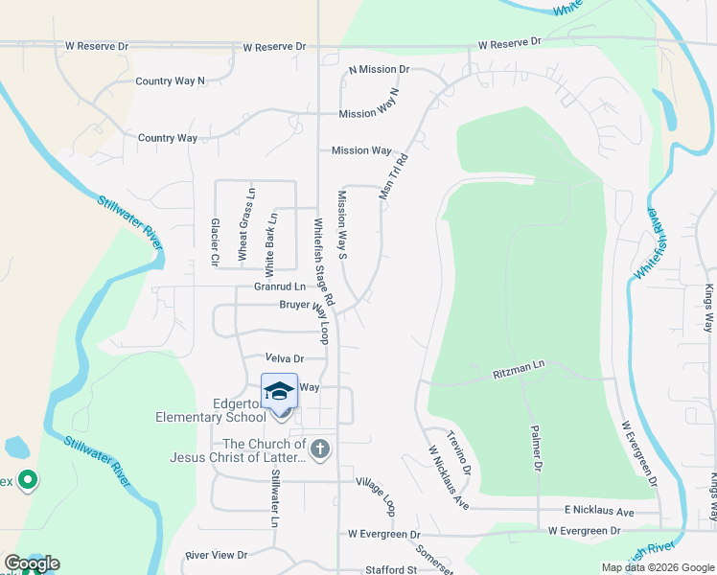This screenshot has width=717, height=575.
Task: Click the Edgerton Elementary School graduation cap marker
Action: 280,391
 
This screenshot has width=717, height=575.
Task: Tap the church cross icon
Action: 320,448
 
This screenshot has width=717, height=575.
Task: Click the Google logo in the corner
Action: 32,563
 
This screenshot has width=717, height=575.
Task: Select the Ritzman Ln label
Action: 519,365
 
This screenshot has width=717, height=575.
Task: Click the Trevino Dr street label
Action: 459,454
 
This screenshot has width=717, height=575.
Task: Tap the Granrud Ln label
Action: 279,286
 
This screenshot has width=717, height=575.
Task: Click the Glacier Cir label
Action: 215,241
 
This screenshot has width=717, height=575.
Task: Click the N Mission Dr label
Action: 379,70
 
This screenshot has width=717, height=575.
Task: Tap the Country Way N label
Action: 171,81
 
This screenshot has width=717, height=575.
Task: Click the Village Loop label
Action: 375,493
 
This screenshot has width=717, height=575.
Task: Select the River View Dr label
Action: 217,555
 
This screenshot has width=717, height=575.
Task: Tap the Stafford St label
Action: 391,569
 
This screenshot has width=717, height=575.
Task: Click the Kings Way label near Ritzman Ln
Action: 708,308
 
